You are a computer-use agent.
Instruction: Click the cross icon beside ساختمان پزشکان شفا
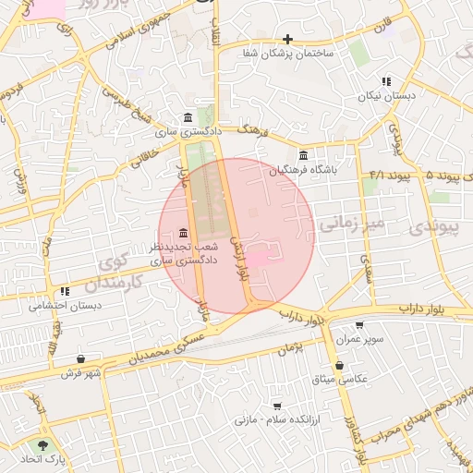[x=288, y=39]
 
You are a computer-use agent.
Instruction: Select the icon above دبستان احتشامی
[x=65, y=292]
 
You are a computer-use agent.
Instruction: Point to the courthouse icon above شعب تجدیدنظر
[x=183, y=232]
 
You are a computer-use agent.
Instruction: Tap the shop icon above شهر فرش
[x=81, y=358]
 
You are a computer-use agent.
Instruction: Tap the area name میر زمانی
[x=349, y=224]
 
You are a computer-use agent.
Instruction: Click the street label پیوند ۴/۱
[x=389, y=175]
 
